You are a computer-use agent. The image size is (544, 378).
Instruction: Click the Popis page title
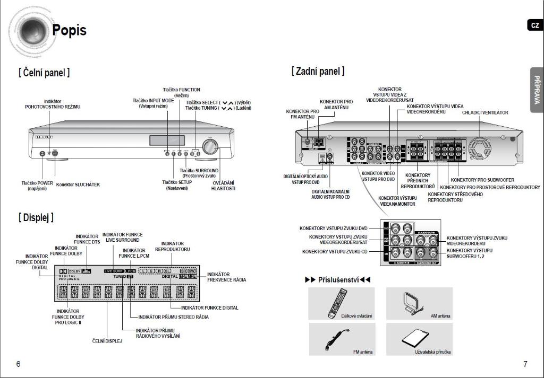tap(69, 30)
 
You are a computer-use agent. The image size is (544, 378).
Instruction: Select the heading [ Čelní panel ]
tap(44, 73)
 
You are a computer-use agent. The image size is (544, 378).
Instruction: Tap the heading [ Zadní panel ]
tap(318, 71)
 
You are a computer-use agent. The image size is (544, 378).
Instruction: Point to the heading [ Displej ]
tap(36, 217)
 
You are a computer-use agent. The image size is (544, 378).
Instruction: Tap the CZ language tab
tap(535, 25)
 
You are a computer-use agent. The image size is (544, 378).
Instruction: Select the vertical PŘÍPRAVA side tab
tap(537, 90)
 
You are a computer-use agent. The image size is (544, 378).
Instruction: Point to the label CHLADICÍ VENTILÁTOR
tap(484, 112)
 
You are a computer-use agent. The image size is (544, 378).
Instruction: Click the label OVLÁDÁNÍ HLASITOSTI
tap(223, 186)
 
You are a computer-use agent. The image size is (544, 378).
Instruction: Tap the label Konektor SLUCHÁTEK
tap(78, 184)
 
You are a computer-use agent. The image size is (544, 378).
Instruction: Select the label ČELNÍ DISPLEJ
tap(107, 341)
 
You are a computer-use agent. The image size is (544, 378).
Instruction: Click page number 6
tap(18, 364)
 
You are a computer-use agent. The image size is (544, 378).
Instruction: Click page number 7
tap(525, 364)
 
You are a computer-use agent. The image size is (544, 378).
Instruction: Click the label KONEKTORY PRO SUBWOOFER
tap(482, 180)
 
